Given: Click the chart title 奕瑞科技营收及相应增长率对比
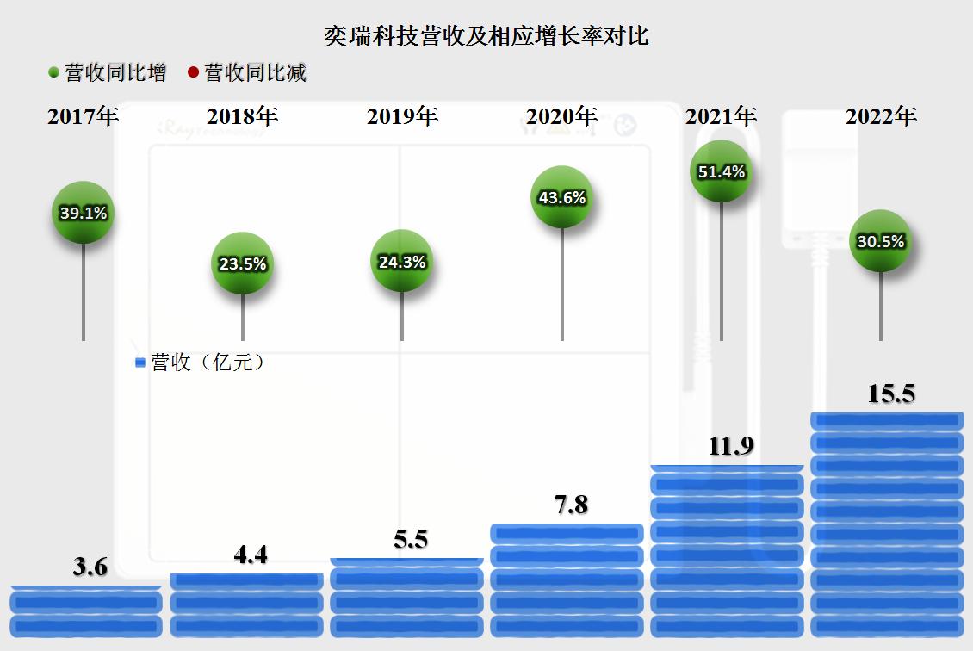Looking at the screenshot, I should [486, 36].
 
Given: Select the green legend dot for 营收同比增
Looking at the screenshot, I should [53, 73].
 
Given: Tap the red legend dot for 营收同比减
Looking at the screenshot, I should [193, 73].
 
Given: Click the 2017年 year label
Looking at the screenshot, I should [83, 116].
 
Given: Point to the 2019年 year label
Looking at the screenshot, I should [402, 116].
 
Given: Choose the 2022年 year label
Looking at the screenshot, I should [881, 116].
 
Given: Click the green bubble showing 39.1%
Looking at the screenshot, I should [83, 213].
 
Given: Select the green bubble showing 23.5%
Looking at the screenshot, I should [242, 263].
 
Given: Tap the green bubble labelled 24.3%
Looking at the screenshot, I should [402, 262].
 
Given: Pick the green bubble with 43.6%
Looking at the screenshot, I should [561, 197].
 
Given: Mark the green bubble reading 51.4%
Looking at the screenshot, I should [722, 171].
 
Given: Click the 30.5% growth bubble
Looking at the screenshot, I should [880, 241].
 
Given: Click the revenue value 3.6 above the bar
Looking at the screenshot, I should [90, 567].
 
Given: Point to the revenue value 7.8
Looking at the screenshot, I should [569, 505].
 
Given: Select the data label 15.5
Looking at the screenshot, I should [891, 394].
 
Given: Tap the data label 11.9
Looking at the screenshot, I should [731, 446].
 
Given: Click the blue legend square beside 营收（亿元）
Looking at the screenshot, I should [140, 363].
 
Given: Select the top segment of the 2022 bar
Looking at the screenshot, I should [887, 420].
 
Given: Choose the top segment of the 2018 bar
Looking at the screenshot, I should [246, 581].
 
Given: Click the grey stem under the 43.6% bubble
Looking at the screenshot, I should [562, 284].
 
